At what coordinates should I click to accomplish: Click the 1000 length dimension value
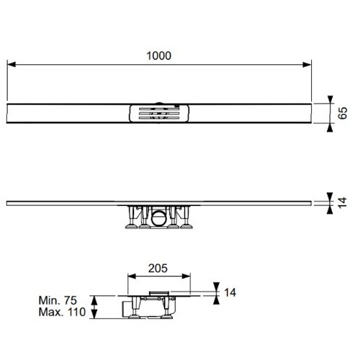[158, 55]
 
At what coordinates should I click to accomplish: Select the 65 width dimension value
[343, 113]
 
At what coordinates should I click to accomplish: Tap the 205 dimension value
[158, 268]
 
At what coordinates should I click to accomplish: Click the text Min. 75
[58, 300]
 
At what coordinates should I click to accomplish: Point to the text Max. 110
[62, 312]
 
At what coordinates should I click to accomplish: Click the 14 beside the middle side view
[343, 202]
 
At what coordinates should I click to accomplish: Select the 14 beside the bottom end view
[230, 292]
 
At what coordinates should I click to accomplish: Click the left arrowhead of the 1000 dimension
[12, 64]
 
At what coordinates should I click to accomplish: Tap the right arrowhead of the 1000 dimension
[307, 64]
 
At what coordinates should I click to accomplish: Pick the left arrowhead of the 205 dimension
[132, 276]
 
